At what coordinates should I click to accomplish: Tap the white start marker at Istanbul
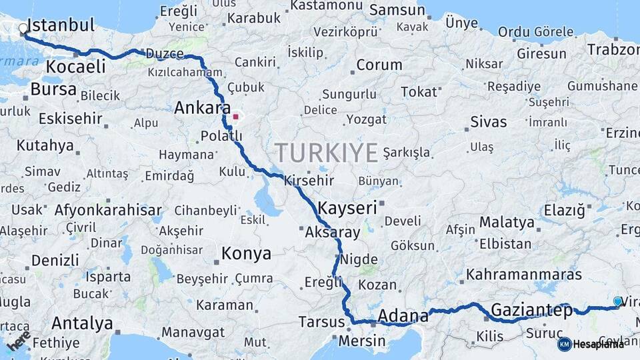pyautogui.click(x=23, y=29)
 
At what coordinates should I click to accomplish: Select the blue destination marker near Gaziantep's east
pyautogui.click(x=617, y=302)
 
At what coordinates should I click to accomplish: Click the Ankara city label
pyautogui.click(x=203, y=108)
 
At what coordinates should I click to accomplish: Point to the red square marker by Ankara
pyautogui.click(x=235, y=117)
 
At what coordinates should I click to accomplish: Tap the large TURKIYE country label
pyautogui.click(x=327, y=153)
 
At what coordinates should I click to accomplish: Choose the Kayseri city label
pyautogui.click(x=348, y=207)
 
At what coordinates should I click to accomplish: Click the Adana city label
pyautogui.click(x=403, y=315)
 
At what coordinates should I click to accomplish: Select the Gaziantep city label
pyautogui.click(x=531, y=310)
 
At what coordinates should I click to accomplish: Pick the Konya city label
pyautogui.click(x=247, y=253)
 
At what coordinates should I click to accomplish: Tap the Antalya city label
pyautogui.click(x=82, y=324)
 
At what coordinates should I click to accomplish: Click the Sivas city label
pyautogui.click(x=489, y=122)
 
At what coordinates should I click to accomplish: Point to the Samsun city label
pyautogui.click(x=397, y=10)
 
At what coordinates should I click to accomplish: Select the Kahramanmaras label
pyautogui.click(x=524, y=274)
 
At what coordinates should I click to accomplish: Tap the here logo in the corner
pyautogui.click(x=19, y=341)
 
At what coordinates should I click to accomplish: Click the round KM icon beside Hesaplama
pyautogui.click(x=564, y=344)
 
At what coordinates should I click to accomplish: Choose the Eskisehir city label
pyautogui.click(x=71, y=119)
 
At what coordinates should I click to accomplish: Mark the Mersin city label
pyautogui.click(x=362, y=341)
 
